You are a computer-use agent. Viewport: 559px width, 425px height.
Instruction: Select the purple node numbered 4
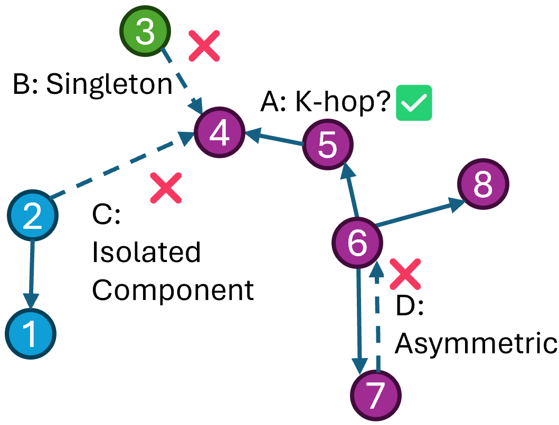pyautogui.click(x=219, y=133)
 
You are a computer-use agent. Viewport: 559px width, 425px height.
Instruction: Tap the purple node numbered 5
pyautogui.click(x=328, y=145)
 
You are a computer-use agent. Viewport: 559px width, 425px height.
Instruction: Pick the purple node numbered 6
pyautogui.click(x=357, y=242)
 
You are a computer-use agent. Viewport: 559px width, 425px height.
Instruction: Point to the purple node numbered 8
pyautogui.click(x=483, y=185)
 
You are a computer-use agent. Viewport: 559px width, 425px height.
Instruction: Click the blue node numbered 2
pyautogui.click(x=33, y=216)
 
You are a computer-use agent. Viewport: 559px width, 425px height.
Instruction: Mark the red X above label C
pyautogui.click(x=166, y=188)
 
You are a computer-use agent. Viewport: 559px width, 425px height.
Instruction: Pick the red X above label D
pyautogui.click(x=405, y=274)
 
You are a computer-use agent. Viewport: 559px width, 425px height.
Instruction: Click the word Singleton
pyautogui.click(x=109, y=84)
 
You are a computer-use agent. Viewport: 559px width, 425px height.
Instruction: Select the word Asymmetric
pyautogui.click(x=476, y=344)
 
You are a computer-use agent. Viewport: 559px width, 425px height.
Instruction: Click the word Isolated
pyautogui.click(x=146, y=253)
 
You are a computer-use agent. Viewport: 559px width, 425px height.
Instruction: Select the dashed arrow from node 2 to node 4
pyautogui.click(x=121, y=169)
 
